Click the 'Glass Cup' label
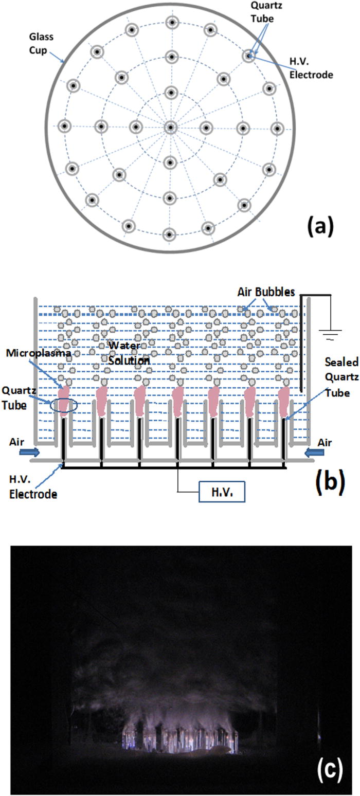41,43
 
